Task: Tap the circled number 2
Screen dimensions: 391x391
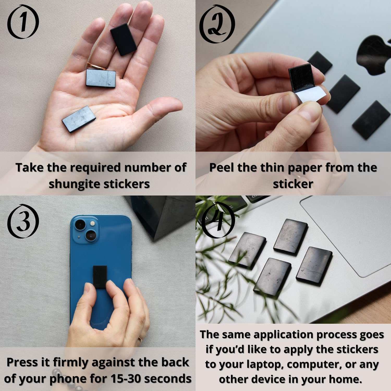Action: (x=217, y=24)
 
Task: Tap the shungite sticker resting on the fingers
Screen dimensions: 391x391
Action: (x=123, y=39)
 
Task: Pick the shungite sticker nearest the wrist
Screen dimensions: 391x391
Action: (x=79, y=118)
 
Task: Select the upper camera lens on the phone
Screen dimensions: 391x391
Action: (x=80, y=224)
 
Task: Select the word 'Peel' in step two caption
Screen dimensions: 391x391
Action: (x=222, y=167)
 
